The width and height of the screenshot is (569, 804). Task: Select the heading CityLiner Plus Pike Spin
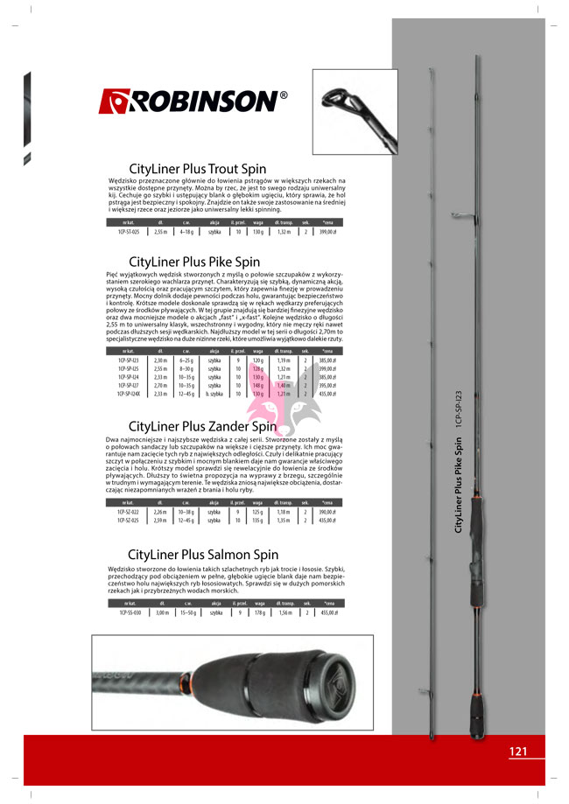pos(194,261)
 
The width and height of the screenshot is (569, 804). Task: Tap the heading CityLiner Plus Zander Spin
pos(202,426)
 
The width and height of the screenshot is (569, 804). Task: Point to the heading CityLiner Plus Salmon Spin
pos(203,554)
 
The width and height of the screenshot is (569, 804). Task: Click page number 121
pos(518,751)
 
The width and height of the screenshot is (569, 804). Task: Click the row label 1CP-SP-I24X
pos(130,394)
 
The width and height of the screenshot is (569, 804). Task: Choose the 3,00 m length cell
pos(160,613)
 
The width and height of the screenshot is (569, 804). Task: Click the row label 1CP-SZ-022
pos(129,512)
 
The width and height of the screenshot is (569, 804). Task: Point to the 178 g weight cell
pos(258,613)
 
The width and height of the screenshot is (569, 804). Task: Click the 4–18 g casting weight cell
pos(186,232)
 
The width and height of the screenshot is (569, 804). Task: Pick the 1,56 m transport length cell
pos(284,613)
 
